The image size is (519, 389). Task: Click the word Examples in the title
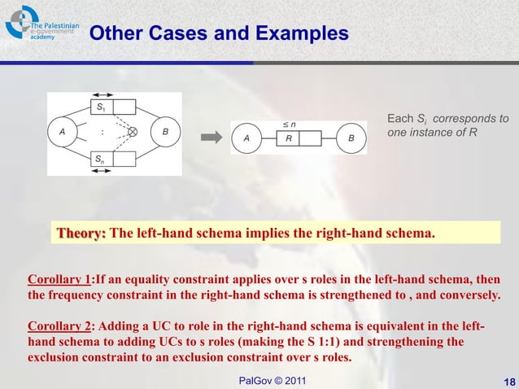pyautogui.click(x=300, y=34)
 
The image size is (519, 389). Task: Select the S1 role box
pyautogui.click(x=111, y=107)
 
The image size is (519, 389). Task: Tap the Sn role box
pyautogui.click(x=111, y=159)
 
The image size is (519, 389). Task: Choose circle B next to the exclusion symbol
pyautogui.click(x=165, y=131)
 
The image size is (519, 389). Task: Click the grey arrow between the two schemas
pyautogui.click(x=212, y=138)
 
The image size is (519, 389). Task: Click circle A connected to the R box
pyautogui.click(x=246, y=138)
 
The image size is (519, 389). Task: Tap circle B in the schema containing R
pyautogui.click(x=351, y=138)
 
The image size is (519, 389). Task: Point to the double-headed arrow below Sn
pyautogui.click(x=111, y=168)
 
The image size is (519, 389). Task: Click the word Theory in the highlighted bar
pyautogui.click(x=80, y=234)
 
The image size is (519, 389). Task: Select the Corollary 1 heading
pyautogui.click(x=59, y=278)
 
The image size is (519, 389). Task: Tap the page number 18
pyautogui.click(x=509, y=381)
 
